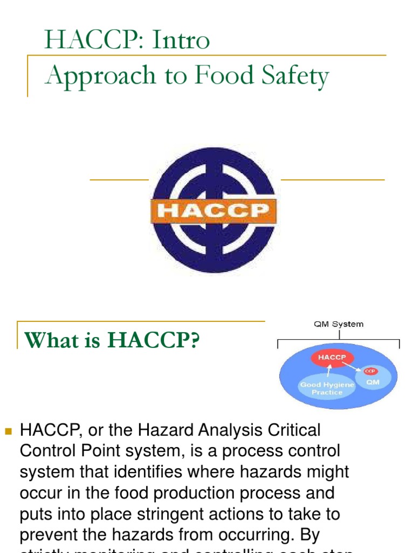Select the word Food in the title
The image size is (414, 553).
[x=221, y=75]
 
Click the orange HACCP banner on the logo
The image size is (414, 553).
[x=213, y=211]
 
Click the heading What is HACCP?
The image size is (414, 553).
[x=112, y=340]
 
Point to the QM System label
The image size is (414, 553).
[x=339, y=324]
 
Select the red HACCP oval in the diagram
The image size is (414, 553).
[x=332, y=358]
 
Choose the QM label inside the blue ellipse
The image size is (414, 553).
[x=373, y=382]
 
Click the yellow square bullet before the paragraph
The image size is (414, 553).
[x=8, y=431]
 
